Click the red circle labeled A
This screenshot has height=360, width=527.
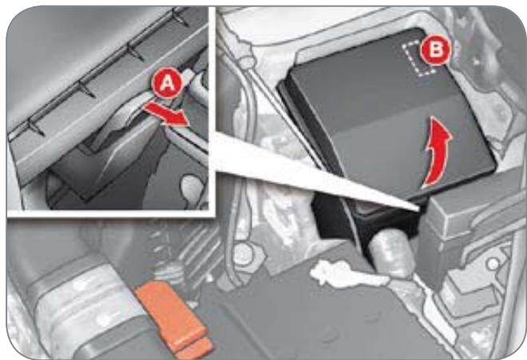pyautogui.click(x=167, y=84)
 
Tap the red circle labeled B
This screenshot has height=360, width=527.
pyautogui.click(x=436, y=50)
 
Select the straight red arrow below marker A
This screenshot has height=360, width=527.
pyautogui.click(x=166, y=114)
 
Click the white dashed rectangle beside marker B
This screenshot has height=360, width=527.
pyautogui.click(x=418, y=58)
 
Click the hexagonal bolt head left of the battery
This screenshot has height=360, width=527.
pyautogui.click(x=244, y=254)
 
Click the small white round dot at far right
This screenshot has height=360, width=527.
pyautogui.click(x=493, y=264)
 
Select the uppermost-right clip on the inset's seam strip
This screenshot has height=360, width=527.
pyautogui.click(x=180, y=18)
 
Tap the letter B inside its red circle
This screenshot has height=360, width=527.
pyautogui.click(x=436, y=50)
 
